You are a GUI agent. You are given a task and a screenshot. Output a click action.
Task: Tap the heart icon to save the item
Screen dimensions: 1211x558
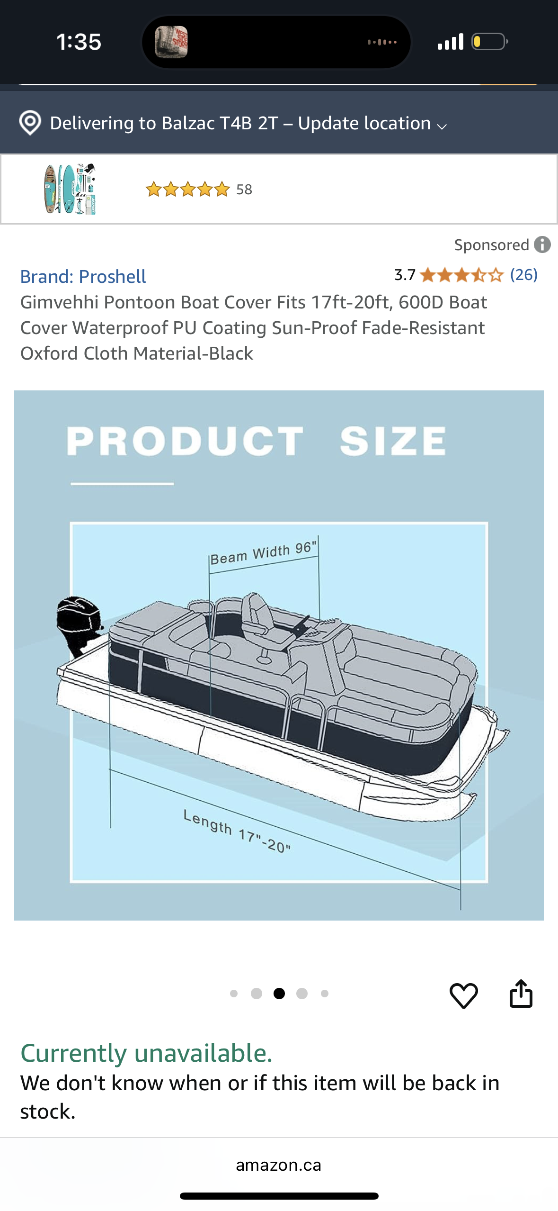[x=463, y=995]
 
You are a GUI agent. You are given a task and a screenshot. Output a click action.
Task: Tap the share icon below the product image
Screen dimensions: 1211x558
[x=521, y=994]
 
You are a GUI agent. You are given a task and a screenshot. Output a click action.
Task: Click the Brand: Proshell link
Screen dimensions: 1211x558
[x=83, y=277]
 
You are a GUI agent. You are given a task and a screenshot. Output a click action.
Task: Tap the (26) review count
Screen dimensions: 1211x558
[x=523, y=275]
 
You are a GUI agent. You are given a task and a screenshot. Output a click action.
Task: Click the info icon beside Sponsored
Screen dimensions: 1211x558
[x=542, y=245]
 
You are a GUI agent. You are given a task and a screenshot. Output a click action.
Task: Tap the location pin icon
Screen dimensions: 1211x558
[x=30, y=123]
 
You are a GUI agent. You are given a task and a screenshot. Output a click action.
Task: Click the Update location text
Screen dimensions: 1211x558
[x=364, y=123]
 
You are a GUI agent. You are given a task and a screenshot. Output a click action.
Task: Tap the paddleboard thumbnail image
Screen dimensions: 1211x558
[x=70, y=189]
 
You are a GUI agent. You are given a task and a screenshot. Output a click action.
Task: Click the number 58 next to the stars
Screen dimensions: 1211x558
[x=244, y=190]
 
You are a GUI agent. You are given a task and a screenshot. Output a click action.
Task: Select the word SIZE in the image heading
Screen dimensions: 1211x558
[x=393, y=441]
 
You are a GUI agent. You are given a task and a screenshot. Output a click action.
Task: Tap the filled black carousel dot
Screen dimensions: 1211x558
[x=279, y=994]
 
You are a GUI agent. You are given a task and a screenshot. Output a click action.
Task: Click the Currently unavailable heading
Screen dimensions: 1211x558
[x=147, y=1053]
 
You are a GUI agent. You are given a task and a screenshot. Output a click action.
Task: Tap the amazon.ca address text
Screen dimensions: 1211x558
[x=278, y=1165]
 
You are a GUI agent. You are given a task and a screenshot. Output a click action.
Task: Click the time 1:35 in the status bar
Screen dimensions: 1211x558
[x=79, y=42]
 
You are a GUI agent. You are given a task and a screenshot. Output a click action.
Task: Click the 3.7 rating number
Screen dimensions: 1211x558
[x=405, y=275]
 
